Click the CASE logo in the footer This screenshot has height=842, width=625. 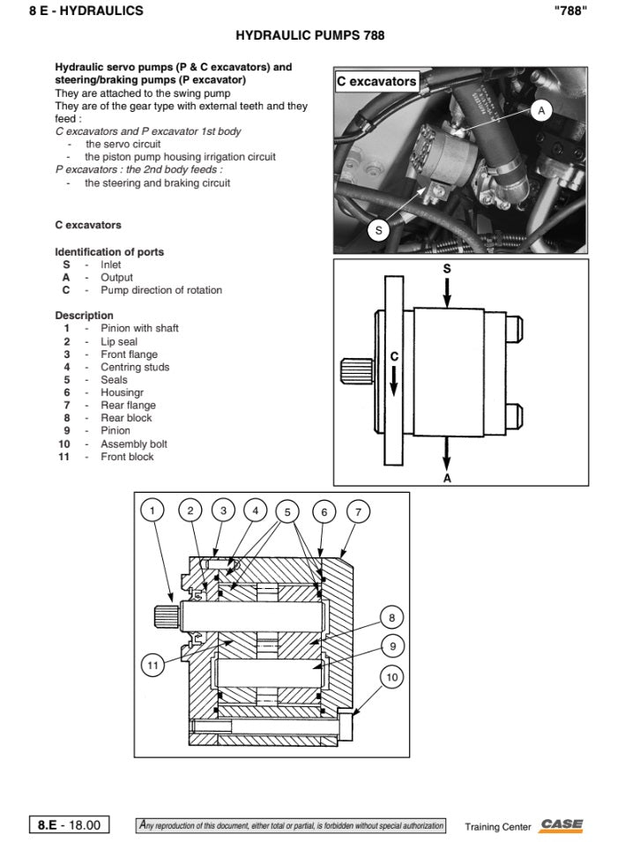(562, 825)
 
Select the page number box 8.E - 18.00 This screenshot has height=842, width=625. (70, 825)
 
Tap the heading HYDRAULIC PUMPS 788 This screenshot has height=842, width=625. (309, 36)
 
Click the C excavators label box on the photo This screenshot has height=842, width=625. (376, 81)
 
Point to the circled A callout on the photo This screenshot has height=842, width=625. (541, 110)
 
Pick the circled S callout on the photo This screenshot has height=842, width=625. (378, 230)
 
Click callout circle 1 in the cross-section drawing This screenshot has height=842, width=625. (153, 510)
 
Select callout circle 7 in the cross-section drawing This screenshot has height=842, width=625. (358, 510)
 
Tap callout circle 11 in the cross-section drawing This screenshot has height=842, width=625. (153, 666)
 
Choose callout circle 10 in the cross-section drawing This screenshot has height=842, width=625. (392, 677)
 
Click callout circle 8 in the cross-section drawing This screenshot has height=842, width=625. (392, 617)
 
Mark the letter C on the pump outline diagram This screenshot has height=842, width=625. (394, 357)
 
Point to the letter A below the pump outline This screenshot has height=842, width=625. (447, 479)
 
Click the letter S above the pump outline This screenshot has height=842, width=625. (447, 267)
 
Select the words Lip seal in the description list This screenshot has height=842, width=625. (119, 341)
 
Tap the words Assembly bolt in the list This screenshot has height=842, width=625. (133, 444)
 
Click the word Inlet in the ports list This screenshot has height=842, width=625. (111, 265)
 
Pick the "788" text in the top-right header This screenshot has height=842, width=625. (571, 11)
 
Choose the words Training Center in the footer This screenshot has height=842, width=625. (498, 827)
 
